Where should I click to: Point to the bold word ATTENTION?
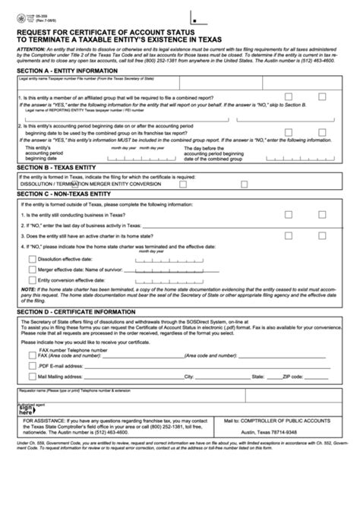pos(31,49)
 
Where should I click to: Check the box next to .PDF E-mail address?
pos(31,363)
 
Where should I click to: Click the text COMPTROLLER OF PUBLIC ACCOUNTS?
pos(279,420)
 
